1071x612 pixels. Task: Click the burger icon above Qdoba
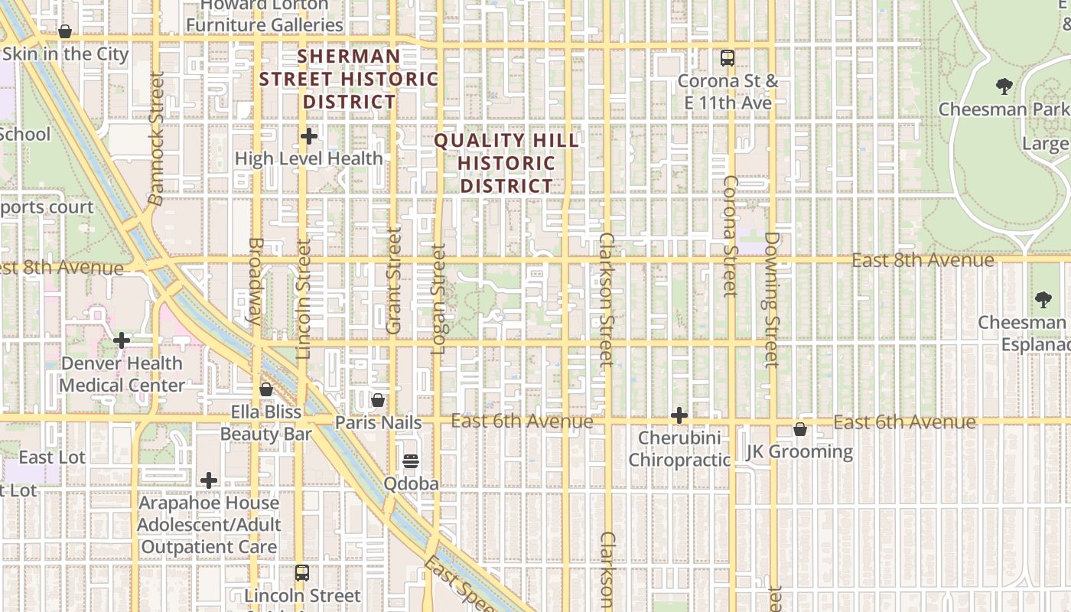tap(411, 461)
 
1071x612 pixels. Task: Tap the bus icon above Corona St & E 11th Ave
tap(727, 57)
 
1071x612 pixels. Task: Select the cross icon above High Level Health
tap(309, 137)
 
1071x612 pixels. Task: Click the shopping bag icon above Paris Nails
tap(378, 400)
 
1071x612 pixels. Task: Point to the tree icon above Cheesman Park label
tap(1004, 86)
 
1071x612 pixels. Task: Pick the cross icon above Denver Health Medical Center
tap(122, 340)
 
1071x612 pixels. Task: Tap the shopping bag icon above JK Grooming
tap(800, 430)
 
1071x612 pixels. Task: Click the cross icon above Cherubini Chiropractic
tap(679, 416)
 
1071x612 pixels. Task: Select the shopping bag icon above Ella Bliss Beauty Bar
tap(266, 390)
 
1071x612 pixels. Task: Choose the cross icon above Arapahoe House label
tap(209, 480)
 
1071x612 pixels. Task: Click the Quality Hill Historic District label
tap(506, 163)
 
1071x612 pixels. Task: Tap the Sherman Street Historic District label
tap(349, 79)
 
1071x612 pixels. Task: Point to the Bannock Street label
tap(156, 138)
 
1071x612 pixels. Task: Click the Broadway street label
tap(255, 281)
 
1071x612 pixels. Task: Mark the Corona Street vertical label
tap(730, 236)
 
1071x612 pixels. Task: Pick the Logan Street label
tap(438, 298)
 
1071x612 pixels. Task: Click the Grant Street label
tap(394, 280)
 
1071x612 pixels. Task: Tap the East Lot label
tap(52, 457)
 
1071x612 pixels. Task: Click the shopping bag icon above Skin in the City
tap(65, 32)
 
